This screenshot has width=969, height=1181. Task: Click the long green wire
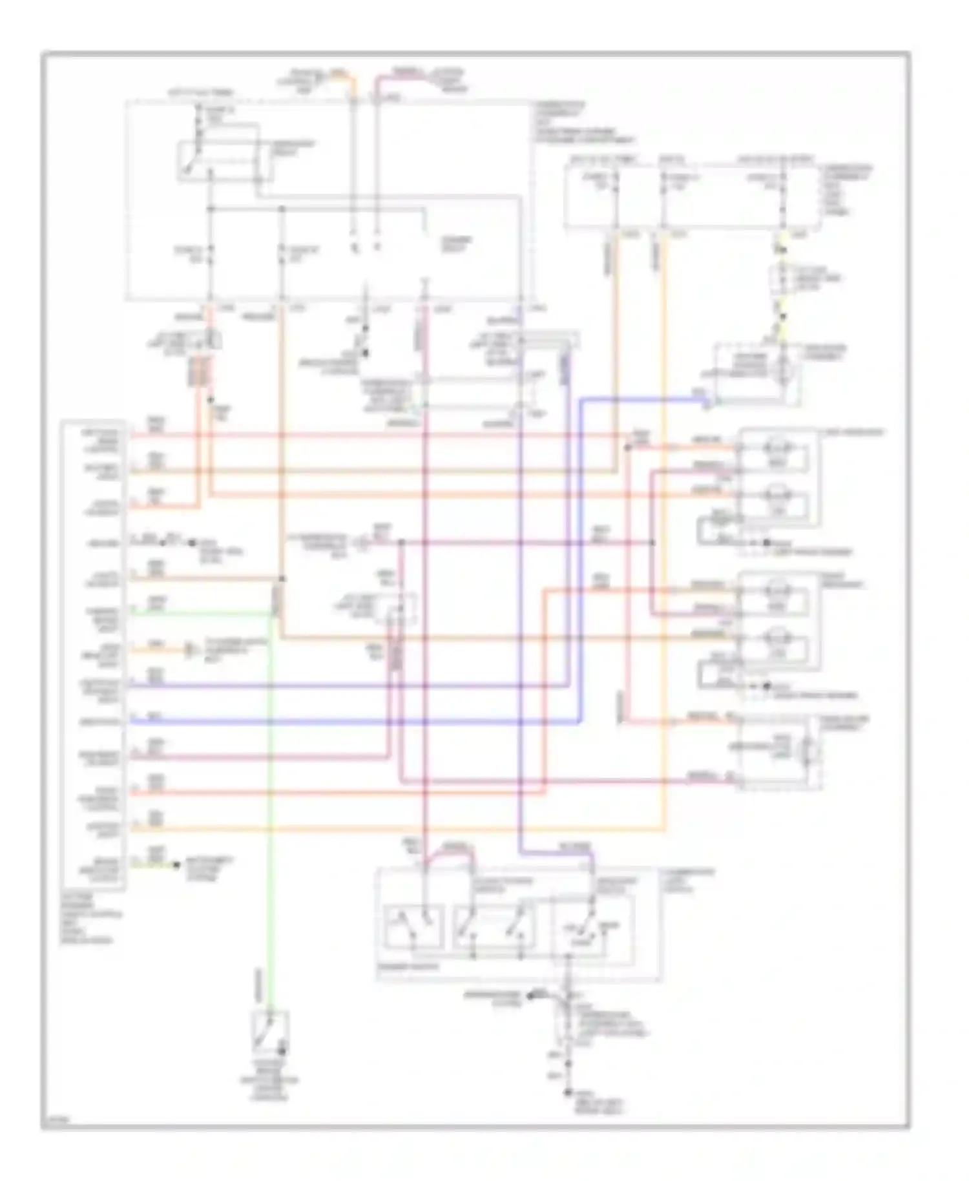pos(270,808)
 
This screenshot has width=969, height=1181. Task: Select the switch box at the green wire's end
pos(270,1032)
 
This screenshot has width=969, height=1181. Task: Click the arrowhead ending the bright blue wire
pos(707,403)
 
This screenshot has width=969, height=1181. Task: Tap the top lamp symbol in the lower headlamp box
pos(775,590)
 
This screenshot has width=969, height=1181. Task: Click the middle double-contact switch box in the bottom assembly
pos(494,927)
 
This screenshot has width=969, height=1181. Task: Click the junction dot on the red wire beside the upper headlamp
pos(627,448)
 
